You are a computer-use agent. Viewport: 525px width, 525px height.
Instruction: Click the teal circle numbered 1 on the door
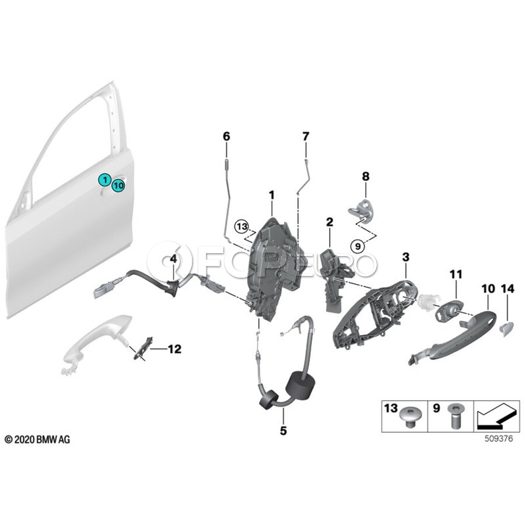pos(105,180)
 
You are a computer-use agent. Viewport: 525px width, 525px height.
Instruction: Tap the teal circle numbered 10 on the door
pos(118,185)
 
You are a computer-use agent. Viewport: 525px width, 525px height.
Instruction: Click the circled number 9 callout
pos(358,246)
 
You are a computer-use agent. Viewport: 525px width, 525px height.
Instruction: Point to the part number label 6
pos(227,136)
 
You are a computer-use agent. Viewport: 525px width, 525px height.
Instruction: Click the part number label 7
pos(306,136)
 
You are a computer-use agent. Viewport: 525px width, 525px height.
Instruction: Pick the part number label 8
pos(366,176)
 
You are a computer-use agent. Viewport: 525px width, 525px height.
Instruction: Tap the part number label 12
pos(174,349)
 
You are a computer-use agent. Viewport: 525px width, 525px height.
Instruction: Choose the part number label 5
pos(283,430)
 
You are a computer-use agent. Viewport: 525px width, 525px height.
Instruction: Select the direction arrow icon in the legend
pos(496,416)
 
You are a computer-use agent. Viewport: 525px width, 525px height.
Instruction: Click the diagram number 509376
pos(499,439)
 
